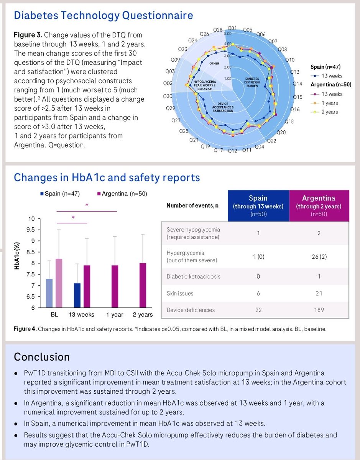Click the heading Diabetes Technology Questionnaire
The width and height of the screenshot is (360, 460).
pos(103,16)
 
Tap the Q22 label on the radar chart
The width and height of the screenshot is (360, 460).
pos(271,141)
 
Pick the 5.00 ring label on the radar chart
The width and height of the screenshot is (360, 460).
pos(227,34)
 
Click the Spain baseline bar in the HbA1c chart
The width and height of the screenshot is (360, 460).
pos(49,293)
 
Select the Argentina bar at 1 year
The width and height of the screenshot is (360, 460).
pos(115,286)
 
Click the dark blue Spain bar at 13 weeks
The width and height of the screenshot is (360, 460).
pos(77,296)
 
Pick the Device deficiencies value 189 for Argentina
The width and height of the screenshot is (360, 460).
pos(319,310)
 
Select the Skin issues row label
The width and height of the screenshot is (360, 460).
pos(180,293)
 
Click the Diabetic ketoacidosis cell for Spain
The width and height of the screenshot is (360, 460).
pos(258,276)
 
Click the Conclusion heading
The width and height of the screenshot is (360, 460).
pos(42,357)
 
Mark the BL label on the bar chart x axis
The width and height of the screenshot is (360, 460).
pos(54,314)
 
